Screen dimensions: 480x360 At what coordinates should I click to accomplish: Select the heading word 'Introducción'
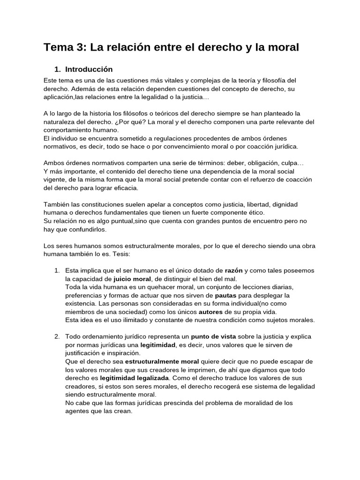tap(89, 69)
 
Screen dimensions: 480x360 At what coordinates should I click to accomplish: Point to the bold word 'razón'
tap(234, 271)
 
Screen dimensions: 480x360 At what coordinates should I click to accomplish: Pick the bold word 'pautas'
tap(226, 296)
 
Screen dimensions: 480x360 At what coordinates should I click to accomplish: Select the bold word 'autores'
tap(211, 312)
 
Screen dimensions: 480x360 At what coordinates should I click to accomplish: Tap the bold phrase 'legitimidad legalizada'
tap(134, 378)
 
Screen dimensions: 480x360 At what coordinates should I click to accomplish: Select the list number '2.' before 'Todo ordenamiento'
tap(57, 337)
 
